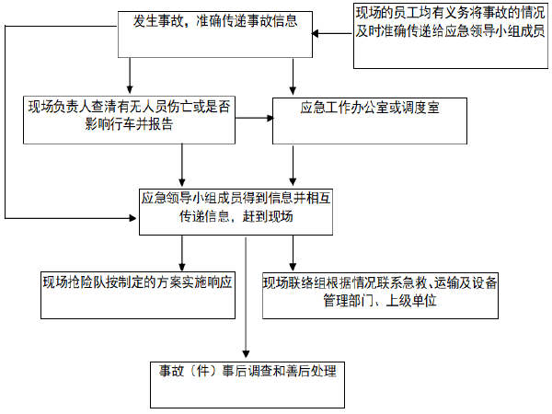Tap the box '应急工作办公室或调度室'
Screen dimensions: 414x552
coord(369,120)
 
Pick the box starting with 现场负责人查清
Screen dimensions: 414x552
coord(128,120)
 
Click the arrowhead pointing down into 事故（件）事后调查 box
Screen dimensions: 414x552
coord(246,354)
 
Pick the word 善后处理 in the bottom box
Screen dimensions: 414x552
coord(311,372)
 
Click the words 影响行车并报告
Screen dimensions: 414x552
coord(128,126)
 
